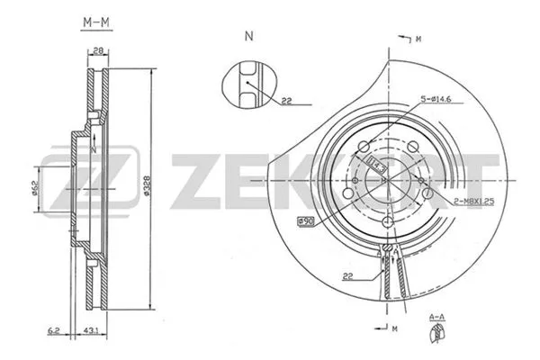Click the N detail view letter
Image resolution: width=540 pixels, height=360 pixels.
click(x=247, y=37)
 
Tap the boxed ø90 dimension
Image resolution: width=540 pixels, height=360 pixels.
click(x=306, y=221)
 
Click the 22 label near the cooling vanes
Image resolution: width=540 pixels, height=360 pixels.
click(x=346, y=277)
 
